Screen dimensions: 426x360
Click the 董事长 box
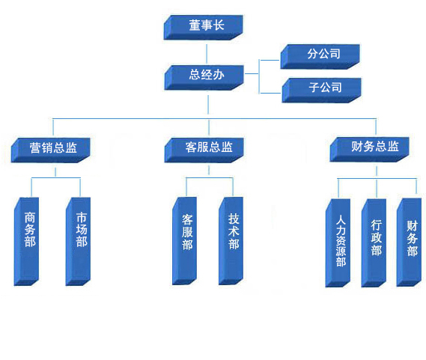pyautogui.click(x=203, y=28)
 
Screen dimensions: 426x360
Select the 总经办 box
pyautogui.click(x=204, y=77)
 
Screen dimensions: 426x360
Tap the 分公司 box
pyautogui.click(x=320, y=57)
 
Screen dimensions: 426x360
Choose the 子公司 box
pyautogui.click(x=322, y=91)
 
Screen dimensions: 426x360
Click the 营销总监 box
pyautogui.click(x=50, y=150)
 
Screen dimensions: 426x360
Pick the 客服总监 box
pyautogui.click(x=204, y=150)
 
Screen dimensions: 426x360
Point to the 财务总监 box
pyautogui.click(x=370, y=150)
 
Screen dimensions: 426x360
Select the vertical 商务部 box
pyautogui.click(x=26, y=242)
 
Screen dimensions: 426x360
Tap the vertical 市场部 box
pyautogui.click(x=78, y=242)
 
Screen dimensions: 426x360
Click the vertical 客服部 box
pyautogui.click(x=184, y=241)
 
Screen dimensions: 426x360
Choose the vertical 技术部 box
pyautogui.click(x=231, y=241)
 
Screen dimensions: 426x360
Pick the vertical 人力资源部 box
pyautogui.click(x=338, y=243)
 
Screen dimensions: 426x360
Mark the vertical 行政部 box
pyautogui.click(x=374, y=243)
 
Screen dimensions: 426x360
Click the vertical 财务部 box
pyautogui.click(x=410, y=242)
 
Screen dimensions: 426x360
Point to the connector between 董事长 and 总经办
pyautogui.click(x=207, y=54)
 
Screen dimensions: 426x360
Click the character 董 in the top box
pyautogui.click(x=195, y=25)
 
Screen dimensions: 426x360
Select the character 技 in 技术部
pyautogui.click(x=234, y=219)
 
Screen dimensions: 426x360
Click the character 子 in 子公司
pyautogui.click(x=314, y=88)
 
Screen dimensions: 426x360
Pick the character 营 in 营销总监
pyautogui.click(x=35, y=147)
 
